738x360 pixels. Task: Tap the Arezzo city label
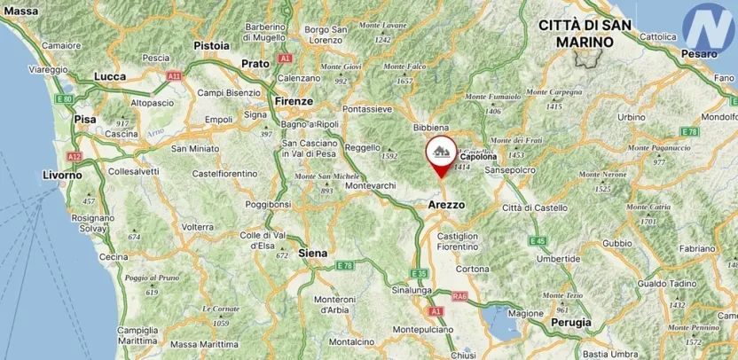click(x=446, y=205)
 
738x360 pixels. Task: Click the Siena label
click(x=312, y=253)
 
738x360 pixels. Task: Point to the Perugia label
click(x=570, y=323)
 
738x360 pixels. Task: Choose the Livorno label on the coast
click(x=62, y=176)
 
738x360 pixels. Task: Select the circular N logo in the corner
click(x=710, y=27)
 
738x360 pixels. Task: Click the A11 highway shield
click(x=174, y=76)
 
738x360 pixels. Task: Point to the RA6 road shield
click(x=459, y=296)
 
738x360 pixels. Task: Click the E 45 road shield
click(x=537, y=240)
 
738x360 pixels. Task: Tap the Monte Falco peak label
click(x=404, y=67)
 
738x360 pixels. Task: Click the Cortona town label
click(x=472, y=268)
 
